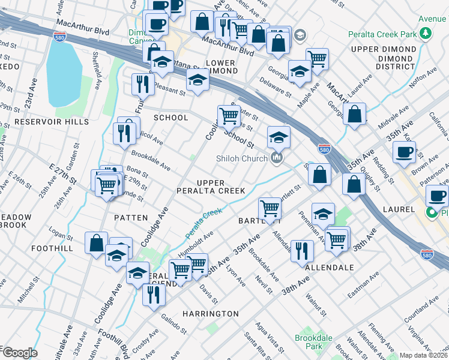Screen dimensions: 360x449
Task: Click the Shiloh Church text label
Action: click(243, 158)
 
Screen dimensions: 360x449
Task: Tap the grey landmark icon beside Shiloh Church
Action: click(277, 158)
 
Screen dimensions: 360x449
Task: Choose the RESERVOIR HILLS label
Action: click(52, 122)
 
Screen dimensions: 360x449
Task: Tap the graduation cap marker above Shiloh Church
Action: click(279, 137)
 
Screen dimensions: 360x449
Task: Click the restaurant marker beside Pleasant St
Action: click(142, 83)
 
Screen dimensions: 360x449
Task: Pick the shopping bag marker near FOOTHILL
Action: click(96, 243)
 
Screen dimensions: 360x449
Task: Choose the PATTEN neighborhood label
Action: click(130, 218)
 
